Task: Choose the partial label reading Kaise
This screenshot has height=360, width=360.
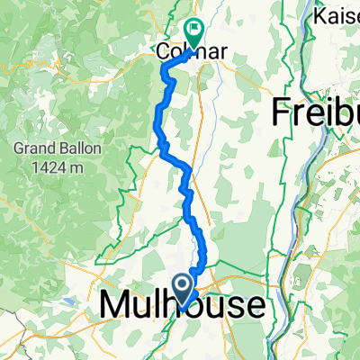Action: (336, 16)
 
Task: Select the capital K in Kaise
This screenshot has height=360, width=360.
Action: (317, 16)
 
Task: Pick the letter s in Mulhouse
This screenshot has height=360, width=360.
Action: (233, 306)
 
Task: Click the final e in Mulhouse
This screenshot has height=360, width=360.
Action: (255, 306)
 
